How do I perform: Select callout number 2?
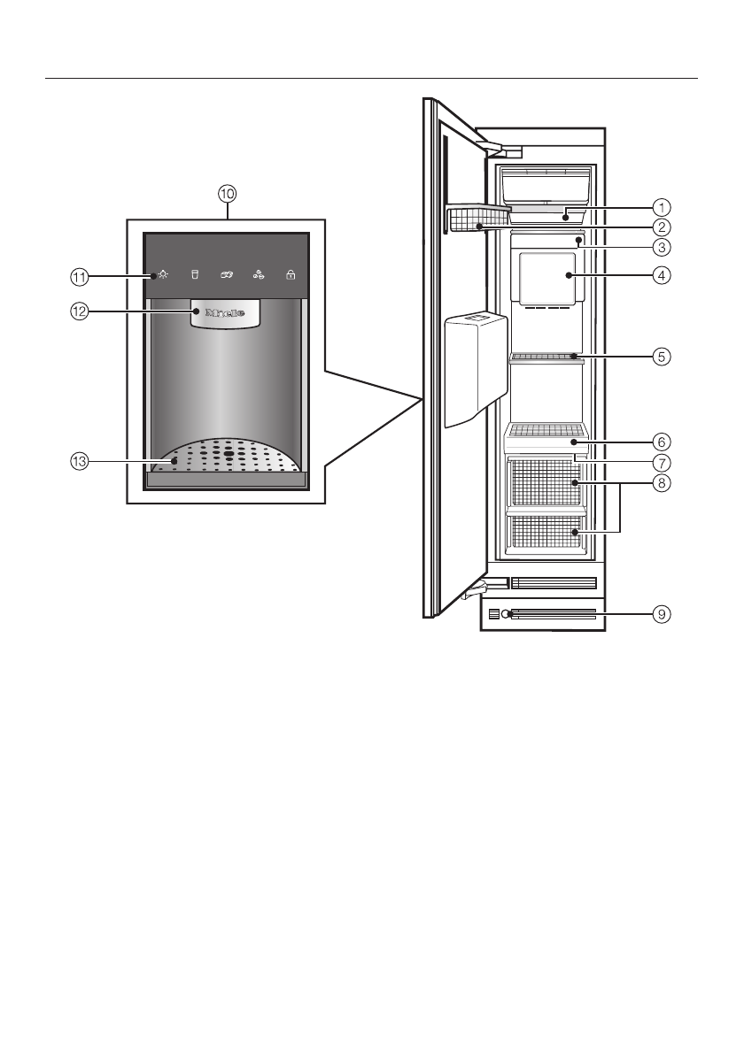coord(661,227)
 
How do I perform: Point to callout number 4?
coord(661,274)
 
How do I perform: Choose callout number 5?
coord(661,357)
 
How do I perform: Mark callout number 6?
coord(661,441)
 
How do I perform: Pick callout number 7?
coord(661,462)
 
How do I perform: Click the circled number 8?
coord(661,483)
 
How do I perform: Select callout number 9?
coord(661,612)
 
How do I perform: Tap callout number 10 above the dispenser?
coord(228,193)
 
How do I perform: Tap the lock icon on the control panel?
coord(291,275)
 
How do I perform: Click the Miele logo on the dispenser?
coord(226,312)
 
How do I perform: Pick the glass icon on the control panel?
coord(194,275)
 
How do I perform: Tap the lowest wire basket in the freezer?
coord(545,534)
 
